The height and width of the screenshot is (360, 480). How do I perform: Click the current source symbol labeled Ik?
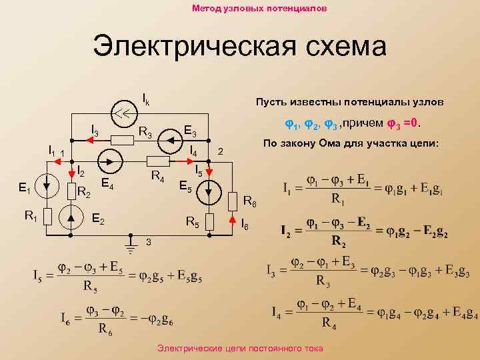[121, 112]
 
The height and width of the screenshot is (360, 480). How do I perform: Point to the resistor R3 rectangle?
[122, 140]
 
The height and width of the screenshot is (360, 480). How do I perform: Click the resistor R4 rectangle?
[157, 161]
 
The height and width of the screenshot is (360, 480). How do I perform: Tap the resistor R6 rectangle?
[232, 201]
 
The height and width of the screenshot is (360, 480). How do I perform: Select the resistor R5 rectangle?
[210, 221]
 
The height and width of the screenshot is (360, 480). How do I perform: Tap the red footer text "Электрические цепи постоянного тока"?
[239, 349]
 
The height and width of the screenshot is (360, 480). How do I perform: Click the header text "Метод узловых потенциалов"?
[259, 9]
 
